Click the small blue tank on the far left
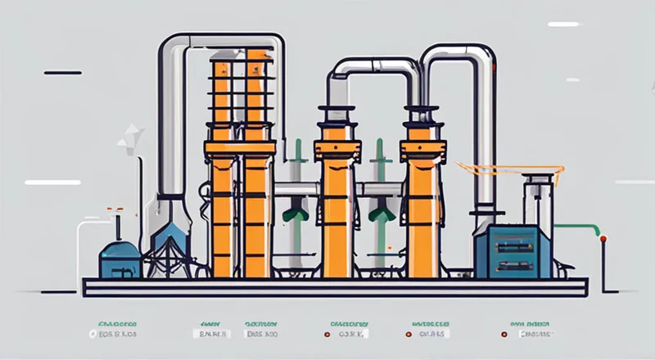(120, 259)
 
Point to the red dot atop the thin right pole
(603, 238)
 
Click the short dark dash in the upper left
(62, 73)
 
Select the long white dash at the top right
(562, 25)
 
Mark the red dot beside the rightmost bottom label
(504, 334)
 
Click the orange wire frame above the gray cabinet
(512, 172)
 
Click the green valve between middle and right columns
(378, 214)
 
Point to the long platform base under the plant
(335, 286)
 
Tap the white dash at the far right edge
(634, 182)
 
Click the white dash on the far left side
(52, 182)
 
